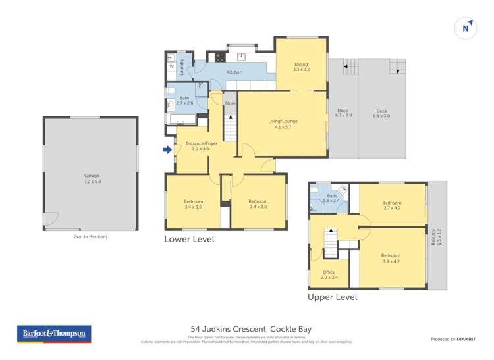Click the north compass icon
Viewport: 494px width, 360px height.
pos(466,28)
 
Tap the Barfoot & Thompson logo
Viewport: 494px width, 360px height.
pos(55,334)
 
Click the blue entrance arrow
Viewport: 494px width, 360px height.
pos(167,150)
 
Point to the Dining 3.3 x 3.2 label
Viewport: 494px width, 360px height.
pos(301,66)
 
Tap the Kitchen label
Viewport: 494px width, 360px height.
pos(234,72)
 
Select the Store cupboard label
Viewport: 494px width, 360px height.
pos(230,104)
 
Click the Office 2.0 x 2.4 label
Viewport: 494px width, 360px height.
pos(329,274)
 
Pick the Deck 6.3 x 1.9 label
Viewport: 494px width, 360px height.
pos(343,113)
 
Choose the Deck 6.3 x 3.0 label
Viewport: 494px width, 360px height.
pos(381,113)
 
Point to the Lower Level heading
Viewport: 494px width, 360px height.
pos(189,240)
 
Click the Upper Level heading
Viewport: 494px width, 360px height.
pos(333,297)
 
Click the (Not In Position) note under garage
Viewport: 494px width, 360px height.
pos(90,236)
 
